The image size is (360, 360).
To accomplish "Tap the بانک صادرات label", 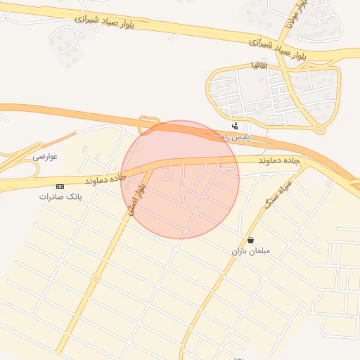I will (60, 197).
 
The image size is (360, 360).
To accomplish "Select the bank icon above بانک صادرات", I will (60, 186).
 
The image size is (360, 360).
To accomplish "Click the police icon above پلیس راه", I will (234, 127).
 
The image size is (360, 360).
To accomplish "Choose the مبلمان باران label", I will (251, 250).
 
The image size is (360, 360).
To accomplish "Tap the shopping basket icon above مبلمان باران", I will (251, 240).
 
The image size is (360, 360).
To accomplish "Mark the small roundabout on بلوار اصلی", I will (94, 279).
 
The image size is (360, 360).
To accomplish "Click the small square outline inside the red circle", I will (167, 173).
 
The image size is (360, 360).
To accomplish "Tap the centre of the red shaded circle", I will (181, 179).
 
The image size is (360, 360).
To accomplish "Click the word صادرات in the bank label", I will (49, 197).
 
